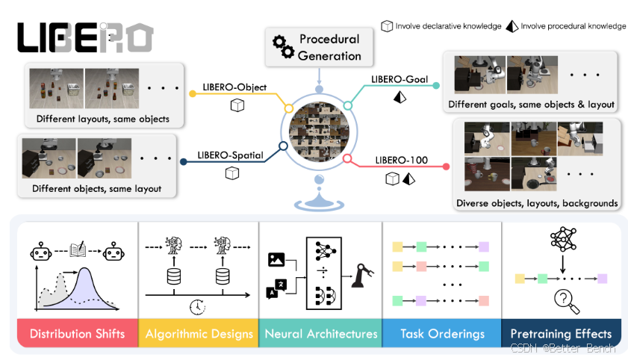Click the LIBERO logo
[x=85, y=37]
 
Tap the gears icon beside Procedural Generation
[x=283, y=47]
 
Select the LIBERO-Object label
[x=234, y=87]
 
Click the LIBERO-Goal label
[x=400, y=79]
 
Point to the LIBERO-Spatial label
[x=230, y=155]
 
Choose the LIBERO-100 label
[x=401, y=160]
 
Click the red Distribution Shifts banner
[x=78, y=333]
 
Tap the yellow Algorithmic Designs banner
[x=199, y=333]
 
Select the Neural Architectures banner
[x=321, y=333]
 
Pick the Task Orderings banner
[x=442, y=333]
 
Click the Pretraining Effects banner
[x=561, y=333]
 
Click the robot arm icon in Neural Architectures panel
[x=362, y=276]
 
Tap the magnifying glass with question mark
[x=566, y=302]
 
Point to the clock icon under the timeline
[x=197, y=307]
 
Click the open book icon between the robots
[x=78, y=249]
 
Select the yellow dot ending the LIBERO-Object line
[x=193, y=93]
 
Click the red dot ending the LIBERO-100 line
[x=446, y=167]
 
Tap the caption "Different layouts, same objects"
[x=103, y=119]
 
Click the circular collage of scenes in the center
[x=319, y=131]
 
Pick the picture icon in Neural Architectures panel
[x=276, y=259]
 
